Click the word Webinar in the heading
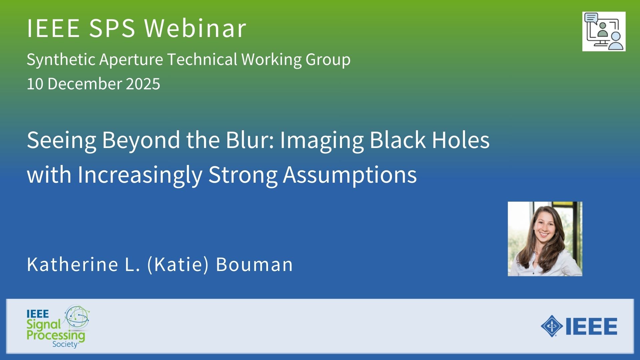[195, 28]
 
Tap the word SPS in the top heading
[112, 28]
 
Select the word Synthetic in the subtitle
[61, 60]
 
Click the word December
[85, 84]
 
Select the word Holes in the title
[461, 140]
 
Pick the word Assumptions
[350, 175]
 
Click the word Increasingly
[140, 175]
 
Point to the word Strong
[243, 175]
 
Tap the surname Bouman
[254, 264]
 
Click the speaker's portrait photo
[545, 239]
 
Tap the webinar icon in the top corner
[604, 31]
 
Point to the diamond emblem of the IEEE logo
[552, 326]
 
